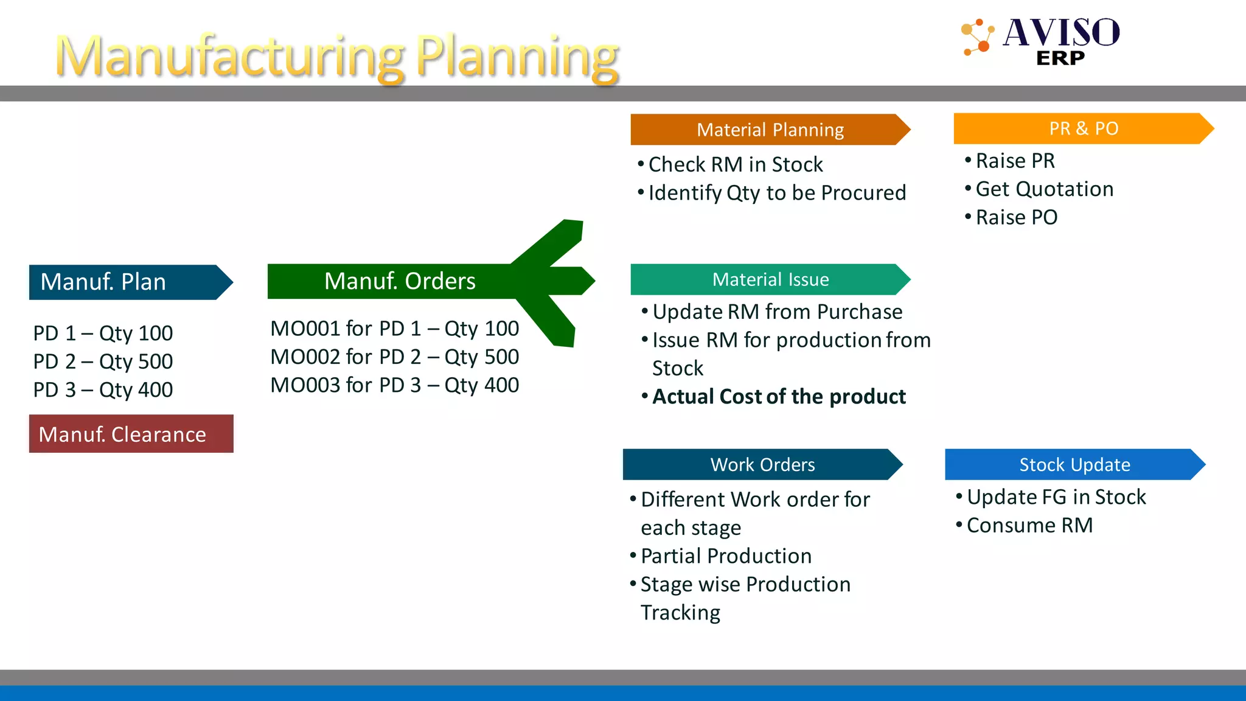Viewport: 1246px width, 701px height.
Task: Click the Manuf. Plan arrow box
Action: (125, 282)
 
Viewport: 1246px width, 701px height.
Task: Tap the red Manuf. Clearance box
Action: (131, 434)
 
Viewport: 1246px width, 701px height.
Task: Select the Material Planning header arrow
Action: (769, 130)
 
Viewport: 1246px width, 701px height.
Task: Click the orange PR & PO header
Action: (1083, 128)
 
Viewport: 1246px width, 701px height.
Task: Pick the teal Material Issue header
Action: (769, 279)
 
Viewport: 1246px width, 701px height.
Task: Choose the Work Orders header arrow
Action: (762, 464)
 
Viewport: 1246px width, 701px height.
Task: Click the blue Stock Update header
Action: (1074, 464)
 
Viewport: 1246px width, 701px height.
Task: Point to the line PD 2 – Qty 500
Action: (103, 361)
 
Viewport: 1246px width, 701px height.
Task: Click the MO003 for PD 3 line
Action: (394, 385)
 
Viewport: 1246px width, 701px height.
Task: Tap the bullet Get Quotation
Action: (1044, 189)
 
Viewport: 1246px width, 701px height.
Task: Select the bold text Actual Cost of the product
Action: (779, 397)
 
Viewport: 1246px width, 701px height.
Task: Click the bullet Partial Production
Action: (726, 556)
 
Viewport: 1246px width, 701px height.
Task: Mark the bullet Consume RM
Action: (1029, 525)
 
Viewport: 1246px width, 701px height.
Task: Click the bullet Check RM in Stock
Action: (735, 164)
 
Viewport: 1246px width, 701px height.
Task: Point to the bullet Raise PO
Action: (1016, 217)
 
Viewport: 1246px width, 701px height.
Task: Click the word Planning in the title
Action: (517, 56)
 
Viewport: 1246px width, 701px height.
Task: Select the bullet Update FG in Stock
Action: (1056, 497)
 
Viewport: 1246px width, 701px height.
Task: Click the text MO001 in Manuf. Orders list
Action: (305, 329)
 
